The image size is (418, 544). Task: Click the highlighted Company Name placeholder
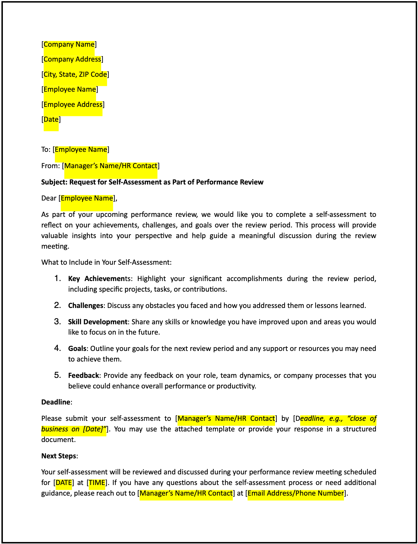click(69, 44)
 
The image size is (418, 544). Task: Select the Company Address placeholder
click(72, 59)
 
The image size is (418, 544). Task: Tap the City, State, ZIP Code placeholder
click(75, 74)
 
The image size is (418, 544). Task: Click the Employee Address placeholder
click(73, 105)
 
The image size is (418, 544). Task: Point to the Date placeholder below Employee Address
click(51, 119)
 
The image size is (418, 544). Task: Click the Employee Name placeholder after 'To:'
click(81, 150)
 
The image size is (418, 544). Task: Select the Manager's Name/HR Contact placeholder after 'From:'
click(111, 166)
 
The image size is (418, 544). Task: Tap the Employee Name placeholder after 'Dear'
click(87, 198)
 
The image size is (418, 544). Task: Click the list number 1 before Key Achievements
click(57, 278)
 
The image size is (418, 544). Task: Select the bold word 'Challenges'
click(85, 306)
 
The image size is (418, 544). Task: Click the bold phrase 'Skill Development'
click(97, 322)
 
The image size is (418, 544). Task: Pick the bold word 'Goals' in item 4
click(77, 349)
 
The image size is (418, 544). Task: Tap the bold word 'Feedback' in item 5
click(83, 376)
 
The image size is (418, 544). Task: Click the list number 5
click(57, 375)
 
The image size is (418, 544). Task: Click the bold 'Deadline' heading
click(56, 402)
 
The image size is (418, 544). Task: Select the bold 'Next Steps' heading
click(59, 456)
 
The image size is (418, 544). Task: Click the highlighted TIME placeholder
click(97, 483)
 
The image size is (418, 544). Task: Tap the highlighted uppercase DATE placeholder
click(64, 483)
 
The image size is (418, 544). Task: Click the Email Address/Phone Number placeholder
click(295, 493)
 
